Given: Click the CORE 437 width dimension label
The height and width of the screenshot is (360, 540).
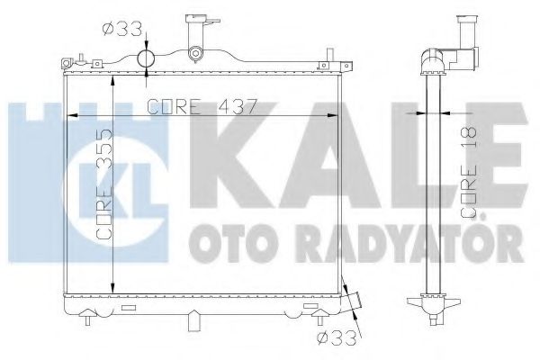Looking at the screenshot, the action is click(x=202, y=107).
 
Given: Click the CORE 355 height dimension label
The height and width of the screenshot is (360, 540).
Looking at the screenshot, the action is click(x=104, y=184).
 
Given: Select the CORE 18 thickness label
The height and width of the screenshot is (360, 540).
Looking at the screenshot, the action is click(x=469, y=173).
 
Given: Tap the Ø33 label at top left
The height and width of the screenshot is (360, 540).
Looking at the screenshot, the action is click(x=122, y=29).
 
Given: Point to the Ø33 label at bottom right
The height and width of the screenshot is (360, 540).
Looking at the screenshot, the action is click(x=337, y=338).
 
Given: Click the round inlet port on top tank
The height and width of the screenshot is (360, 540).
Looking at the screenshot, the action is click(x=146, y=59).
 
